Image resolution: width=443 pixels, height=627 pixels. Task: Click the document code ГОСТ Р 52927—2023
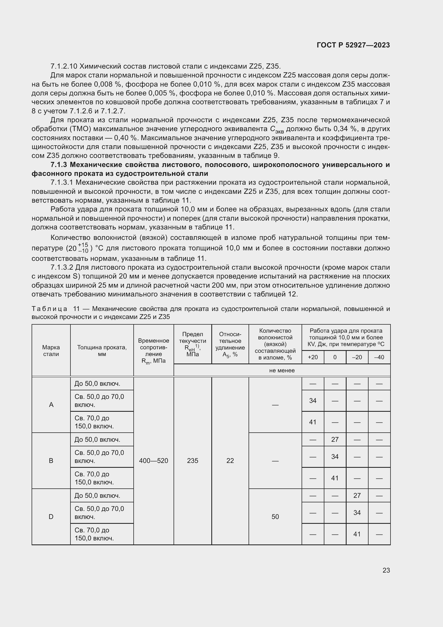click(353, 45)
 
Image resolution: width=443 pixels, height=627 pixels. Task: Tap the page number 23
click(386, 570)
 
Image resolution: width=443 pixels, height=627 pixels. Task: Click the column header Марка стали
click(51, 351)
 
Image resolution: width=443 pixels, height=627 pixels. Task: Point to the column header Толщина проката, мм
click(102, 351)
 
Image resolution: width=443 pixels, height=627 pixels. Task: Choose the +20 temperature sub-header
click(313, 357)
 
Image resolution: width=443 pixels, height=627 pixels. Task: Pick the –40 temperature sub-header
click(379, 357)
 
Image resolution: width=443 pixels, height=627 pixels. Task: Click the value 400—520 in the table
click(153, 461)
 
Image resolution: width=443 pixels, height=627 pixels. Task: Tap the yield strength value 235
click(193, 461)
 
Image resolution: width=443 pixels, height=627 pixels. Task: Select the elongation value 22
click(230, 461)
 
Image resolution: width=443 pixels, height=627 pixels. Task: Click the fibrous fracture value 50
click(275, 517)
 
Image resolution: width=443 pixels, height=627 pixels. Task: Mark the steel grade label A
click(51, 405)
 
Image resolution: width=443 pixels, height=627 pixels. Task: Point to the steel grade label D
click(51, 517)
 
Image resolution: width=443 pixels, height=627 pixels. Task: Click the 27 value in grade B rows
click(335, 439)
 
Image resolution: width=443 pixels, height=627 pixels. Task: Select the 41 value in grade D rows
click(357, 534)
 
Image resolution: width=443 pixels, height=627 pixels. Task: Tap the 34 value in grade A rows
click(313, 400)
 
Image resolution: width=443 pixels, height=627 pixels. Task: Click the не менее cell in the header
click(282, 370)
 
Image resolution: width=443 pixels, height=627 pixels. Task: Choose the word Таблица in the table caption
click(49, 309)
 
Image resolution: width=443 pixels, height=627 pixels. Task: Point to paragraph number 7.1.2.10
click(64, 66)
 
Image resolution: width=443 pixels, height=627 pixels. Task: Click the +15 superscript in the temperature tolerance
click(83, 245)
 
